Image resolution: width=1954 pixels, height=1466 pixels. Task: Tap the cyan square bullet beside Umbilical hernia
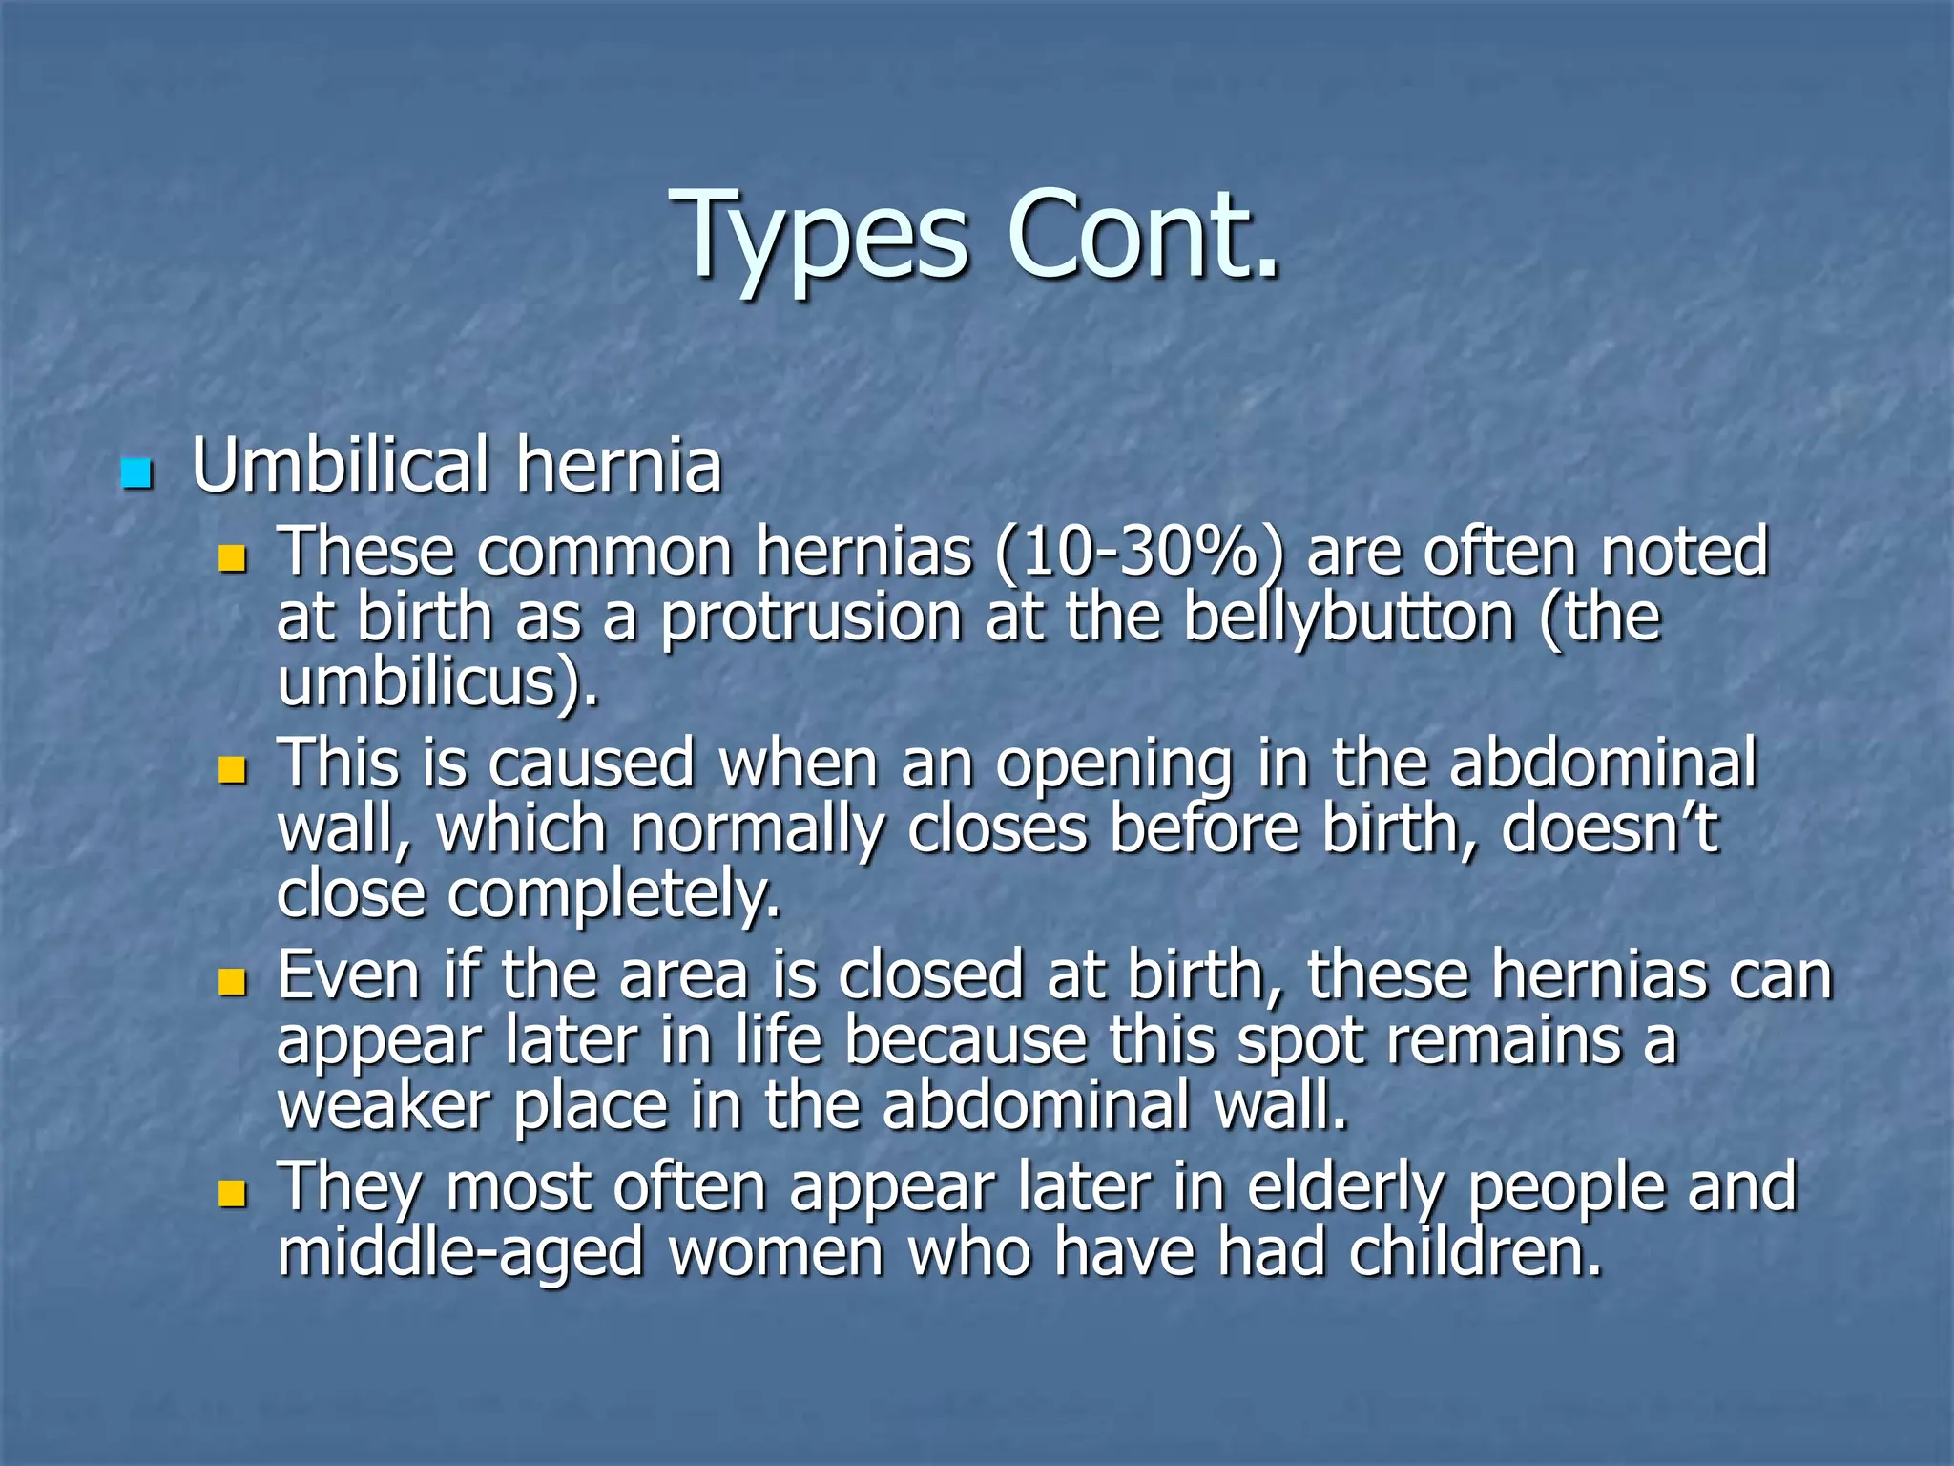pyautogui.click(x=136, y=473)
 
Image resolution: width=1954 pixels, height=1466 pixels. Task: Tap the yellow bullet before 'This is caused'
pyautogui.click(x=232, y=770)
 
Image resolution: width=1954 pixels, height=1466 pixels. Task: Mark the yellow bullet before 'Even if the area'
pyautogui.click(x=232, y=981)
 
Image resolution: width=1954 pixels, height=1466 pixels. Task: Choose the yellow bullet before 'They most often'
pyautogui.click(x=232, y=1193)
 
